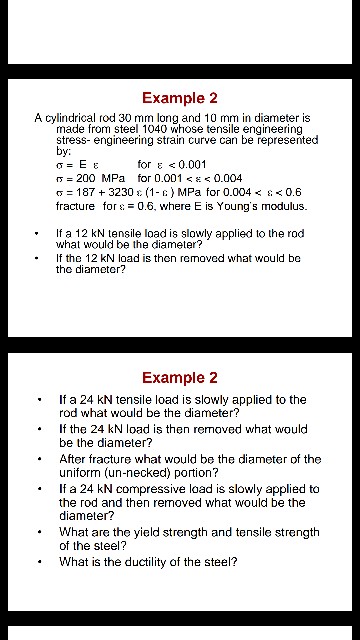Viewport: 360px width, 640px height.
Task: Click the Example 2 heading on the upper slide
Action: [x=180, y=98]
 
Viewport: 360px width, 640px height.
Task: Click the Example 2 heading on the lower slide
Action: [x=180, y=377]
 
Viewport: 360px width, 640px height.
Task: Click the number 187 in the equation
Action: [x=84, y=192]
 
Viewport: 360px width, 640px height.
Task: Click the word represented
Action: [x=267, y=141]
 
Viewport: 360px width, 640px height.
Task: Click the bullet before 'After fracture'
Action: [x=39, y=459]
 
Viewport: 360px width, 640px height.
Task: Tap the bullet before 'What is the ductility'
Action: [x=39, y=562]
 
